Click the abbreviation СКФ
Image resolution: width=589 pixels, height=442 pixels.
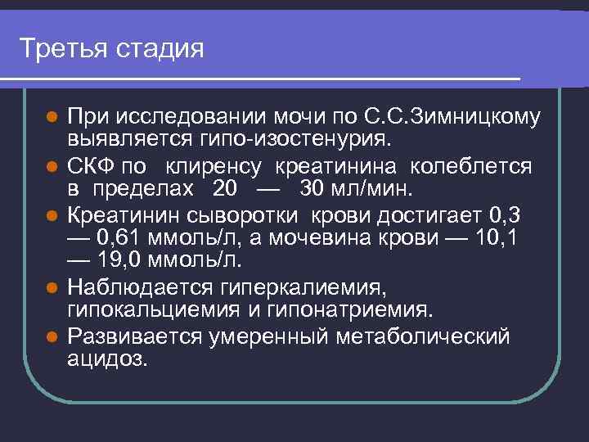(x=91, y=168)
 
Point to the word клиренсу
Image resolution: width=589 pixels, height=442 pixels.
(x=214, y=168)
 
